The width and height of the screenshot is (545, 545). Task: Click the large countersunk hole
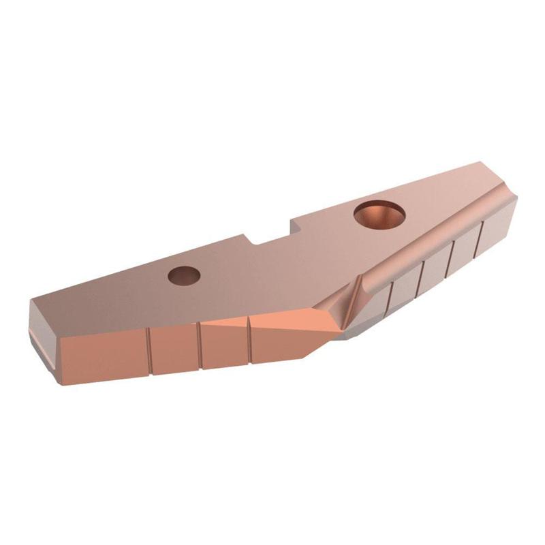pos(379,214)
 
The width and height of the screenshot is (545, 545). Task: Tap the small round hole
pos(185,275)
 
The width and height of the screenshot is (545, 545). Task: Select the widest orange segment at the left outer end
pos(102,358)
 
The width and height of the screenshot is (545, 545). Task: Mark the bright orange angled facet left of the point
pos(286,334)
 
